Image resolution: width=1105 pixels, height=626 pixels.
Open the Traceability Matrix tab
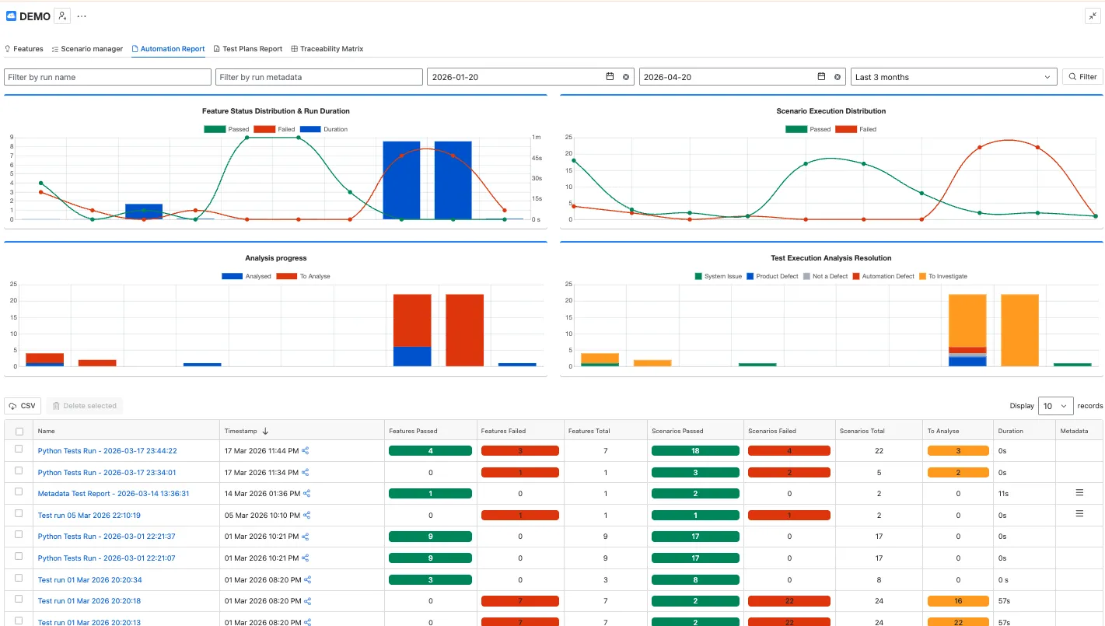(x=327, y=49)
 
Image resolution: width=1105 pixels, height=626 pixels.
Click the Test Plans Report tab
(x=247, y=49)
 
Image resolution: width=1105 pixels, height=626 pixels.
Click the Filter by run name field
(x=107, y=77)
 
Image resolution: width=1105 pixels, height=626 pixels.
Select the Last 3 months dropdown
(x=953, y=77)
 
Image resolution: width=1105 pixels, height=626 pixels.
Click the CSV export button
(x=23, y=405)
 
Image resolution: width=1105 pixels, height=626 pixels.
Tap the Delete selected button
(x=84, y=405)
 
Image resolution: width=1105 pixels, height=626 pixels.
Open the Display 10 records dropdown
(x=1055, y=405)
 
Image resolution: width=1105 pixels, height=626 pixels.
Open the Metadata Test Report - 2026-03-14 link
(x=114, y=493)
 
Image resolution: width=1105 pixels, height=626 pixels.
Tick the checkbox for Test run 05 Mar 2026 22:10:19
(x=19, y=513)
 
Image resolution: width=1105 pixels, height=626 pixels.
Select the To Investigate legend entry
(x=942, y=276)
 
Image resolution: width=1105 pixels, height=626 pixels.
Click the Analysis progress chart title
(x=276, y=258)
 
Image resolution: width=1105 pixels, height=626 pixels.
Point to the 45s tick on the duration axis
(x=537, y=159)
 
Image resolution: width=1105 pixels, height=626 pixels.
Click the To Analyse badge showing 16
(x=958, y=601)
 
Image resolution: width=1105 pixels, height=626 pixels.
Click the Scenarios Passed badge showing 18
(x=695, y=451)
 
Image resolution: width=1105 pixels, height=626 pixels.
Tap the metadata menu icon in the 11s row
(x=1079, y=492)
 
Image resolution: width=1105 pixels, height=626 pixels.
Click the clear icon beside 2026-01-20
(x=625, y=77)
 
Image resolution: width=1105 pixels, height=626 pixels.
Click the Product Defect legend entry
(x=772, y=276)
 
